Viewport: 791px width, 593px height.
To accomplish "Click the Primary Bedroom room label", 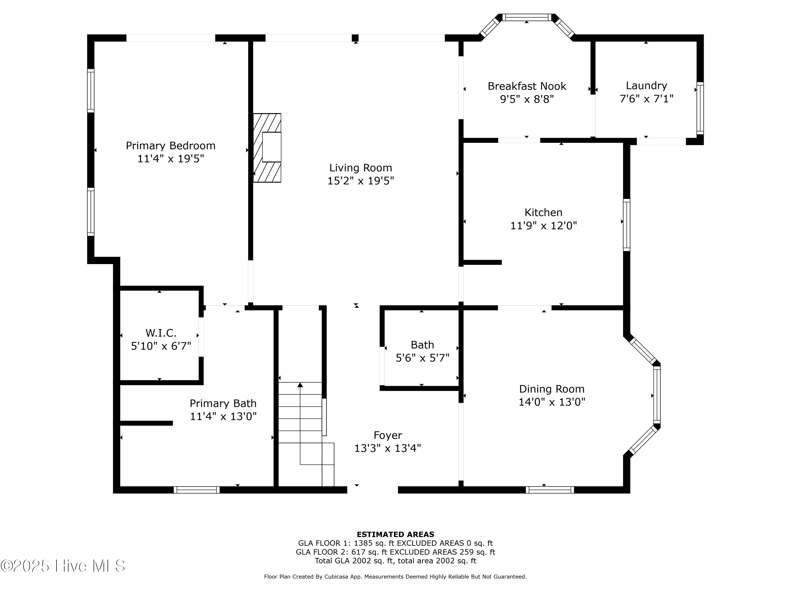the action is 171,146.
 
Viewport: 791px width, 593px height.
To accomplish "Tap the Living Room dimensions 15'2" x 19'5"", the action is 361,181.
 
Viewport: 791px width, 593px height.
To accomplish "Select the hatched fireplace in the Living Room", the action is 267,148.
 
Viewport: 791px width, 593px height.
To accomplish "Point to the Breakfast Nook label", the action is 527,86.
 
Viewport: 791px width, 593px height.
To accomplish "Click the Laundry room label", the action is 647,86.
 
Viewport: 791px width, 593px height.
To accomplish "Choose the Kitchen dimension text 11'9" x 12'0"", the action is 543,226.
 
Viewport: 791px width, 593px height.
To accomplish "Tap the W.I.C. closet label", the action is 161,333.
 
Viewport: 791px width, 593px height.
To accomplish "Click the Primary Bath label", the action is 223,404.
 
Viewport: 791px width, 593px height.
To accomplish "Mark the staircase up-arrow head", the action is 300,385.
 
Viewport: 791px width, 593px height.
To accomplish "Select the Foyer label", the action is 388,435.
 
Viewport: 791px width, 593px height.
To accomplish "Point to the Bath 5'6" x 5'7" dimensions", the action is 422,358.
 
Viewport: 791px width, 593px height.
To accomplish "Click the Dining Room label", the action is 552,389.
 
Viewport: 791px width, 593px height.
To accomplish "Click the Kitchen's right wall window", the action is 626,225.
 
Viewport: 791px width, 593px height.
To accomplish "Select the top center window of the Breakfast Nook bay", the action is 527,17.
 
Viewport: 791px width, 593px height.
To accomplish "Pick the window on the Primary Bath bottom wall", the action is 197,490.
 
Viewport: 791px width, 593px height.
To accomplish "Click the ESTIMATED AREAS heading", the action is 395,534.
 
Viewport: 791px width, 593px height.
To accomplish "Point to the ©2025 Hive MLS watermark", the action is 63,566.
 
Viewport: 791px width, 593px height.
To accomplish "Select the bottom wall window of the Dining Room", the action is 550,490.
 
